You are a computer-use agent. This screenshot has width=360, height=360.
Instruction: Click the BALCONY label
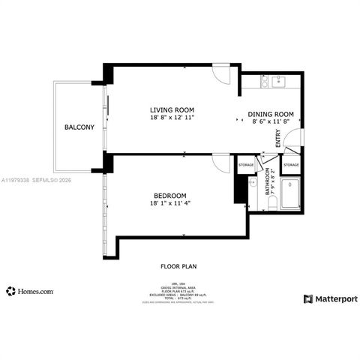[x=79, y=127]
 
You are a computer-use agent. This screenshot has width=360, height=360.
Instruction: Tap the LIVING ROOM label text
[x=172, y=109]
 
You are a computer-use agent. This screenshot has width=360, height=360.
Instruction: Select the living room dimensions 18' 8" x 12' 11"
[x=172, y=118]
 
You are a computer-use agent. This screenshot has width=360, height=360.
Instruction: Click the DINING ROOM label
[x=271, y=114]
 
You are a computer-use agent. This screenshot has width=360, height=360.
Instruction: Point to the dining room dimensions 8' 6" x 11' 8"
[x=271, y=121]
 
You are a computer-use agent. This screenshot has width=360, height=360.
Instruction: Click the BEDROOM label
[x=166, y=195]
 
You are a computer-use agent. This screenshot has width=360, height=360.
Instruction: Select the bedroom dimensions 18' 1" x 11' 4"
[x=166, y=203]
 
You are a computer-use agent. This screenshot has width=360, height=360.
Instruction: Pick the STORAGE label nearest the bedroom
[x=246, y=164]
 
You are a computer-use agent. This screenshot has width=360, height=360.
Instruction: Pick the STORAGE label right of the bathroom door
[x=291, y=164]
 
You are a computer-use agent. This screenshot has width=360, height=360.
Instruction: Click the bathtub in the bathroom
[x=291, y=195]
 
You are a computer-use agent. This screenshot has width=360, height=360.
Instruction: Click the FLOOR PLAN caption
[x=179, y=266]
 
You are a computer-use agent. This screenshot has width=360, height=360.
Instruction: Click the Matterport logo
[x=330, y=298]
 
